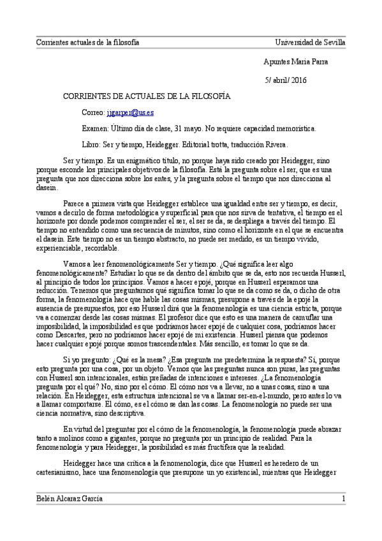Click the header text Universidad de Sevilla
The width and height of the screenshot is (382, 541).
click(x=310, y=43)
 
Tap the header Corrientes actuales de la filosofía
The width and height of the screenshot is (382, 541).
click(x=87, y=43)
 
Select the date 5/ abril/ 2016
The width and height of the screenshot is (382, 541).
click(x=285, y=79)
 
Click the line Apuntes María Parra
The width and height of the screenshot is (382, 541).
click(x=296, y=61)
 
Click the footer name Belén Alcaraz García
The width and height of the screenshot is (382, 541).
click(x=69, y=498)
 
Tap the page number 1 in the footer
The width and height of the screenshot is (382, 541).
click(x=343, y=498)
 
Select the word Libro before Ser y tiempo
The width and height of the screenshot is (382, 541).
click(x=91, y=144)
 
